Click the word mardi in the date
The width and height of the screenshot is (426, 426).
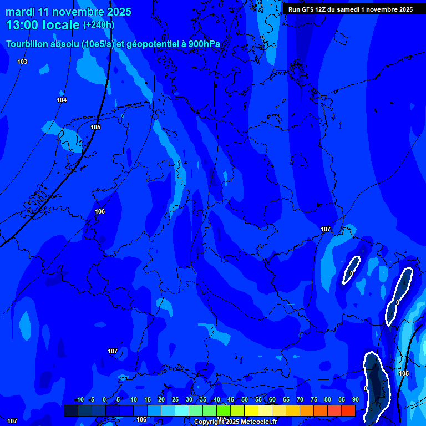click(x=20, y=12)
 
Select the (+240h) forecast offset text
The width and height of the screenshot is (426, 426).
click(x=98, y=25)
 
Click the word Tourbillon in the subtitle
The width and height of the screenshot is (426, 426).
click(x=27, y=45)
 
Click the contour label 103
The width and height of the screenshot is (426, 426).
click(x=22, y=62)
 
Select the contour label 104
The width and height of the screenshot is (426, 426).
click(x=62, y=100)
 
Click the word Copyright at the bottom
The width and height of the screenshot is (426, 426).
click(x=209, y=422)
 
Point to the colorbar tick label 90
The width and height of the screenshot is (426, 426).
click(x=355, y=399)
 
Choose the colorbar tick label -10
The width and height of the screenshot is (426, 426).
click(x=79, y=399)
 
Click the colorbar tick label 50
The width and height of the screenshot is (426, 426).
click(x=244, y=399)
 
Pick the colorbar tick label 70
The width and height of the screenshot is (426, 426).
click(x=300, y=399)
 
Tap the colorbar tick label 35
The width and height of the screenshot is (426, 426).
click(x=202, y=399)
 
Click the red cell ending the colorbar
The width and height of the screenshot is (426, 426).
click(x=348, y=410)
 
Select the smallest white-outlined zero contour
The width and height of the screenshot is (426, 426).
click(x=351, y=270)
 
